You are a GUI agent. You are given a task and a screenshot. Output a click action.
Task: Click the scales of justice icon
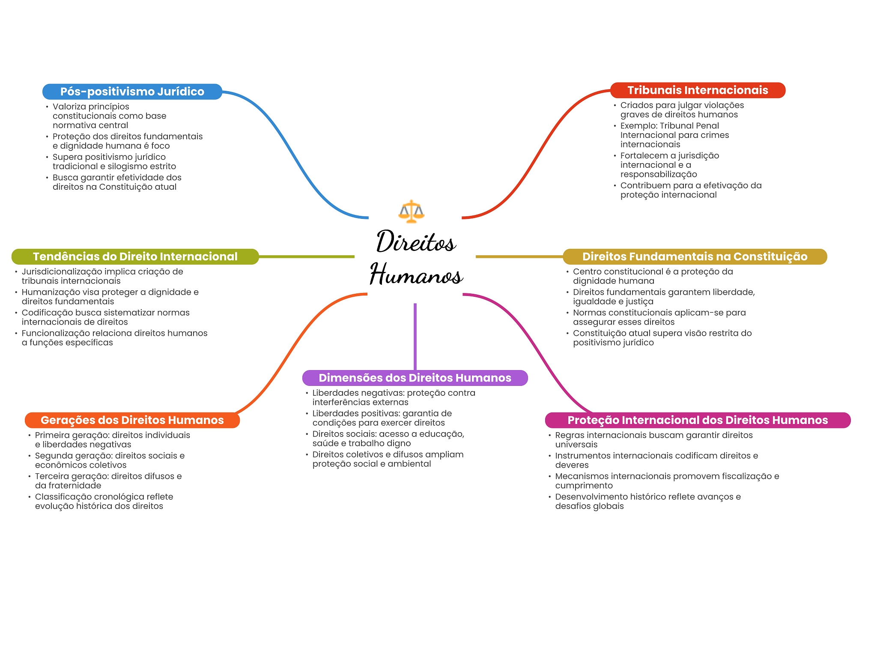tap(411, 211)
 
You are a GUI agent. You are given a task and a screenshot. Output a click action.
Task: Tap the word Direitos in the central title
tap(416, 242)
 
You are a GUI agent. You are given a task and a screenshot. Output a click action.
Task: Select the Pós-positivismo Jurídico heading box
tap(132, 92)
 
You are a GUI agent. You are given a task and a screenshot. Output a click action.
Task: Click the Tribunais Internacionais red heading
tap(698, 90)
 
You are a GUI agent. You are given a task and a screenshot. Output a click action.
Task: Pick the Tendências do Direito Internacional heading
tap(135, 257)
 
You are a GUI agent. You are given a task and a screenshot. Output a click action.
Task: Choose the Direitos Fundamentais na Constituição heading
tap(695, 257)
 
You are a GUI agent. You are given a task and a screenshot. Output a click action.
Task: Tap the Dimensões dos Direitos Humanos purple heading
tap(415, 378)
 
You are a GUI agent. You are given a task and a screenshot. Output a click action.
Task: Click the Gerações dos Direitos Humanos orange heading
tap(132, 420)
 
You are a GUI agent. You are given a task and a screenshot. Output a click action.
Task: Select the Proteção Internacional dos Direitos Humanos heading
tap(698, 420)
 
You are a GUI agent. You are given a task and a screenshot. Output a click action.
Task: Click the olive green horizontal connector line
tap(306, 257)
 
